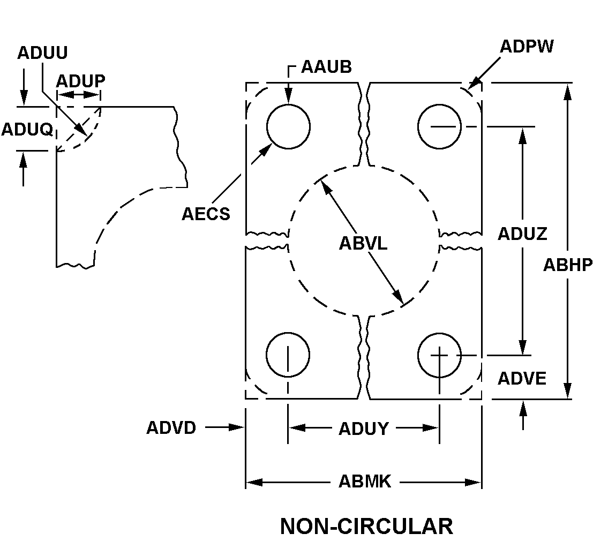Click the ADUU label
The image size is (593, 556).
[x=42, y=52]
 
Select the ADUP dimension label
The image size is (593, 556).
[x=80, y=80]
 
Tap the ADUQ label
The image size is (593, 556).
[x=27, y=129]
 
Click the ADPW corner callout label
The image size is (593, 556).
[x=527, y=46]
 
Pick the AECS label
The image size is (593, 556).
[x=206, y=214]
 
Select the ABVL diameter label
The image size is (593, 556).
[x=363, y=243]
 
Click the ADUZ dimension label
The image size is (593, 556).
[x=522, y=234]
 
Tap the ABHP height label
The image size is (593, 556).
[x=568, y=264]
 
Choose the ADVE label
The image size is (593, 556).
[x=522, y=378]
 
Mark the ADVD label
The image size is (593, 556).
[x=171, y=428]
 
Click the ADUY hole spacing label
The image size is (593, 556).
[x=363, y=429]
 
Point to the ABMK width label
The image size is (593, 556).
[x=365, y=482]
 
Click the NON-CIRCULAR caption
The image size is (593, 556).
[x=366, y=526]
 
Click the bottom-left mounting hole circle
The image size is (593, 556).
[x=288, y=355]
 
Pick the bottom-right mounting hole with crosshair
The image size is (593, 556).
[x=439, y=355]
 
